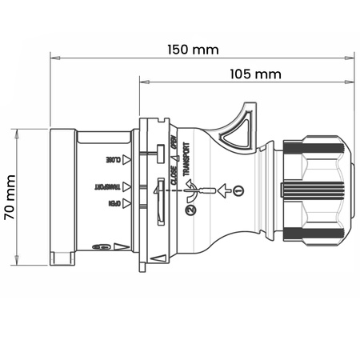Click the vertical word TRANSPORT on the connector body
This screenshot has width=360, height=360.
[x=186, y=159]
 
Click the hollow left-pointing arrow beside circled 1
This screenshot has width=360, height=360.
[x=224, y=190]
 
